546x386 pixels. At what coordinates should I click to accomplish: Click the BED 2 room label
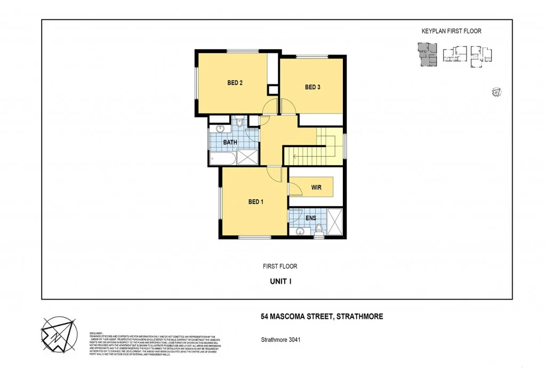pyautogui.click(x=235, y=83)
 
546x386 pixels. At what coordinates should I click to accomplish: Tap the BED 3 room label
pyautogui.click(x=312, y=87)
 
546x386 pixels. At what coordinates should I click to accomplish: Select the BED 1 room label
pyautogui.click(x=256, y=202)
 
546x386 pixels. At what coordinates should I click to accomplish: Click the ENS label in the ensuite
pyautogui.click(x=311, y=218)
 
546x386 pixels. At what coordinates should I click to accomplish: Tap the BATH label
pyautogui.click(x=230, y=142)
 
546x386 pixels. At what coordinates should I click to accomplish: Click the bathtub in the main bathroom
pyautogui.click(x=222, y=158)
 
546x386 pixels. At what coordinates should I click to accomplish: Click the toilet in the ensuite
pyautogui.click(x=319, y=230)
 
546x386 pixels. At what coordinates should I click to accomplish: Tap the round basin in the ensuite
pyautogui.click(x=300, y=231)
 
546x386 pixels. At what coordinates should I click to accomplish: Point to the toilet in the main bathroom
pyautogui.click(x=239, y=123)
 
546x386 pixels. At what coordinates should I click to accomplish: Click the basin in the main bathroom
pyautogui.click(x=220, y=128)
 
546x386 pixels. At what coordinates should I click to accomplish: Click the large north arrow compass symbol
pyautogui.click(x=59, y=334)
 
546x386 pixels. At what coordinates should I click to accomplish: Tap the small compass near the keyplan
pyautogui.click(x=496, y=92)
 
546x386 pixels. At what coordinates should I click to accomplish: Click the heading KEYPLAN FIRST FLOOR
pyautogui.click(x=451, y=31)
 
